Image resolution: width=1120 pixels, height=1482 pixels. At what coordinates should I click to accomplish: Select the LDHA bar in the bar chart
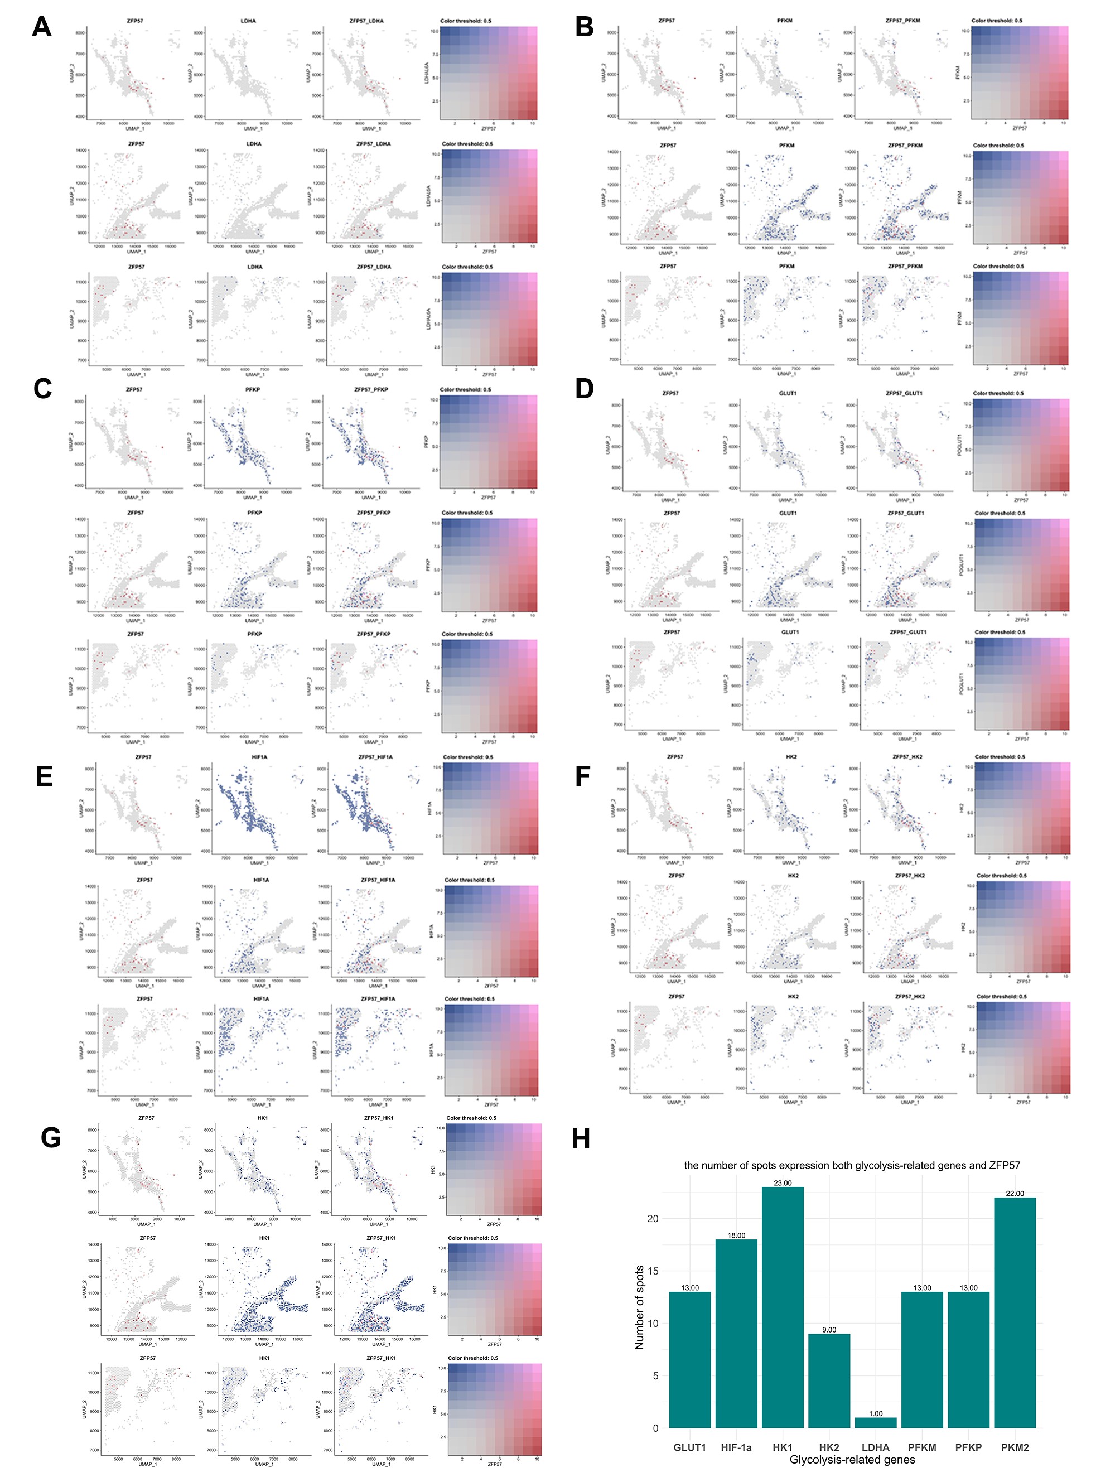(876, 1422)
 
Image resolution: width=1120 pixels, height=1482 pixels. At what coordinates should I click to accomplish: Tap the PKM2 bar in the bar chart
(1015, 1313)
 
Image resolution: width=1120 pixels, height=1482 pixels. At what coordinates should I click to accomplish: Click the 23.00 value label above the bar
(783, 1183)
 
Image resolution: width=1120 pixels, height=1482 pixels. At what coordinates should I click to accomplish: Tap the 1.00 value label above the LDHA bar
(876, 1413)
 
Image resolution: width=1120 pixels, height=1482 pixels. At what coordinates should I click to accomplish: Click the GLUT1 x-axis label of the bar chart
(690, 1448)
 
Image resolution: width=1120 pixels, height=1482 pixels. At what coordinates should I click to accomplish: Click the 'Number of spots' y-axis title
(640, 1307)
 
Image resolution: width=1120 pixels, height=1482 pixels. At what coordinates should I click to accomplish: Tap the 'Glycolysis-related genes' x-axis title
(852, 1460)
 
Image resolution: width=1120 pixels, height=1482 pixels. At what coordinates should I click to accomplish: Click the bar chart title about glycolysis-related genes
(852, 1165)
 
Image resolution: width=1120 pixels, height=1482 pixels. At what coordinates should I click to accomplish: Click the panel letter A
(41, 27)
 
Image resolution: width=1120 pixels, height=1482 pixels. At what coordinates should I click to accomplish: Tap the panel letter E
(44, 776)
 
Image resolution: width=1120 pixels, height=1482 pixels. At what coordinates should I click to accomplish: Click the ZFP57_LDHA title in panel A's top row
(366, 21)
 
